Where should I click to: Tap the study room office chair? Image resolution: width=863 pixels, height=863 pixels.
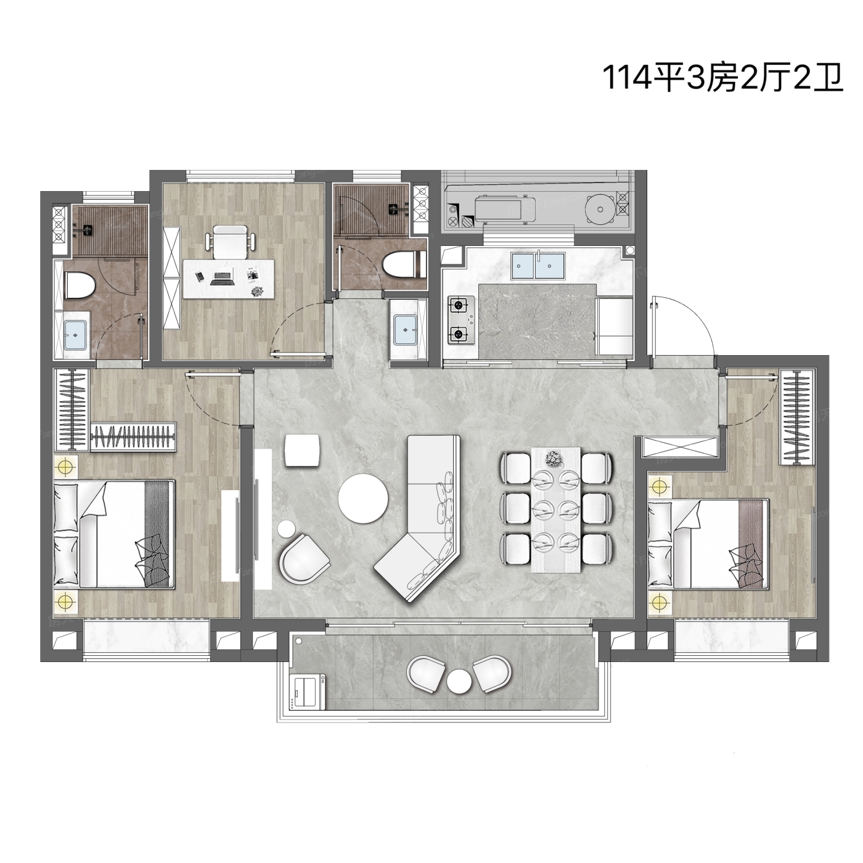(230, 242)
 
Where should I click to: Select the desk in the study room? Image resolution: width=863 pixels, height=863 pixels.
(229, 280)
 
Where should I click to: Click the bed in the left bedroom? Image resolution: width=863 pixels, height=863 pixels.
(114, 534)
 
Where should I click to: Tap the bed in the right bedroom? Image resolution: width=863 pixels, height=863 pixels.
(708, 544)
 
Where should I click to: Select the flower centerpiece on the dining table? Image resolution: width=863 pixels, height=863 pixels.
(554, 458)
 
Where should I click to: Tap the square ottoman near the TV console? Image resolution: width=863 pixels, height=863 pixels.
(303, 451)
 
